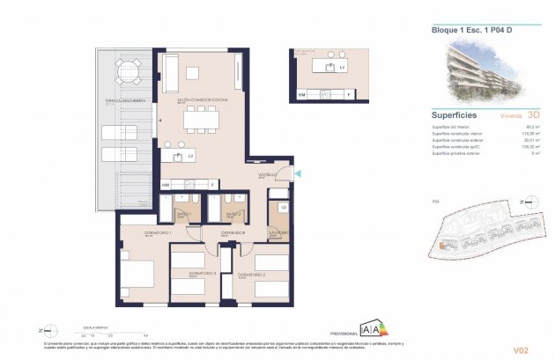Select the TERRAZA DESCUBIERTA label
tap(126, 101)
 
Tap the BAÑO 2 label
tap(233, 213)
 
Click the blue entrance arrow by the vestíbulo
tap(298, 174)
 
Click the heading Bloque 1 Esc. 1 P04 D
tap(470, 31)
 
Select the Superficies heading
tap(455, 114)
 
